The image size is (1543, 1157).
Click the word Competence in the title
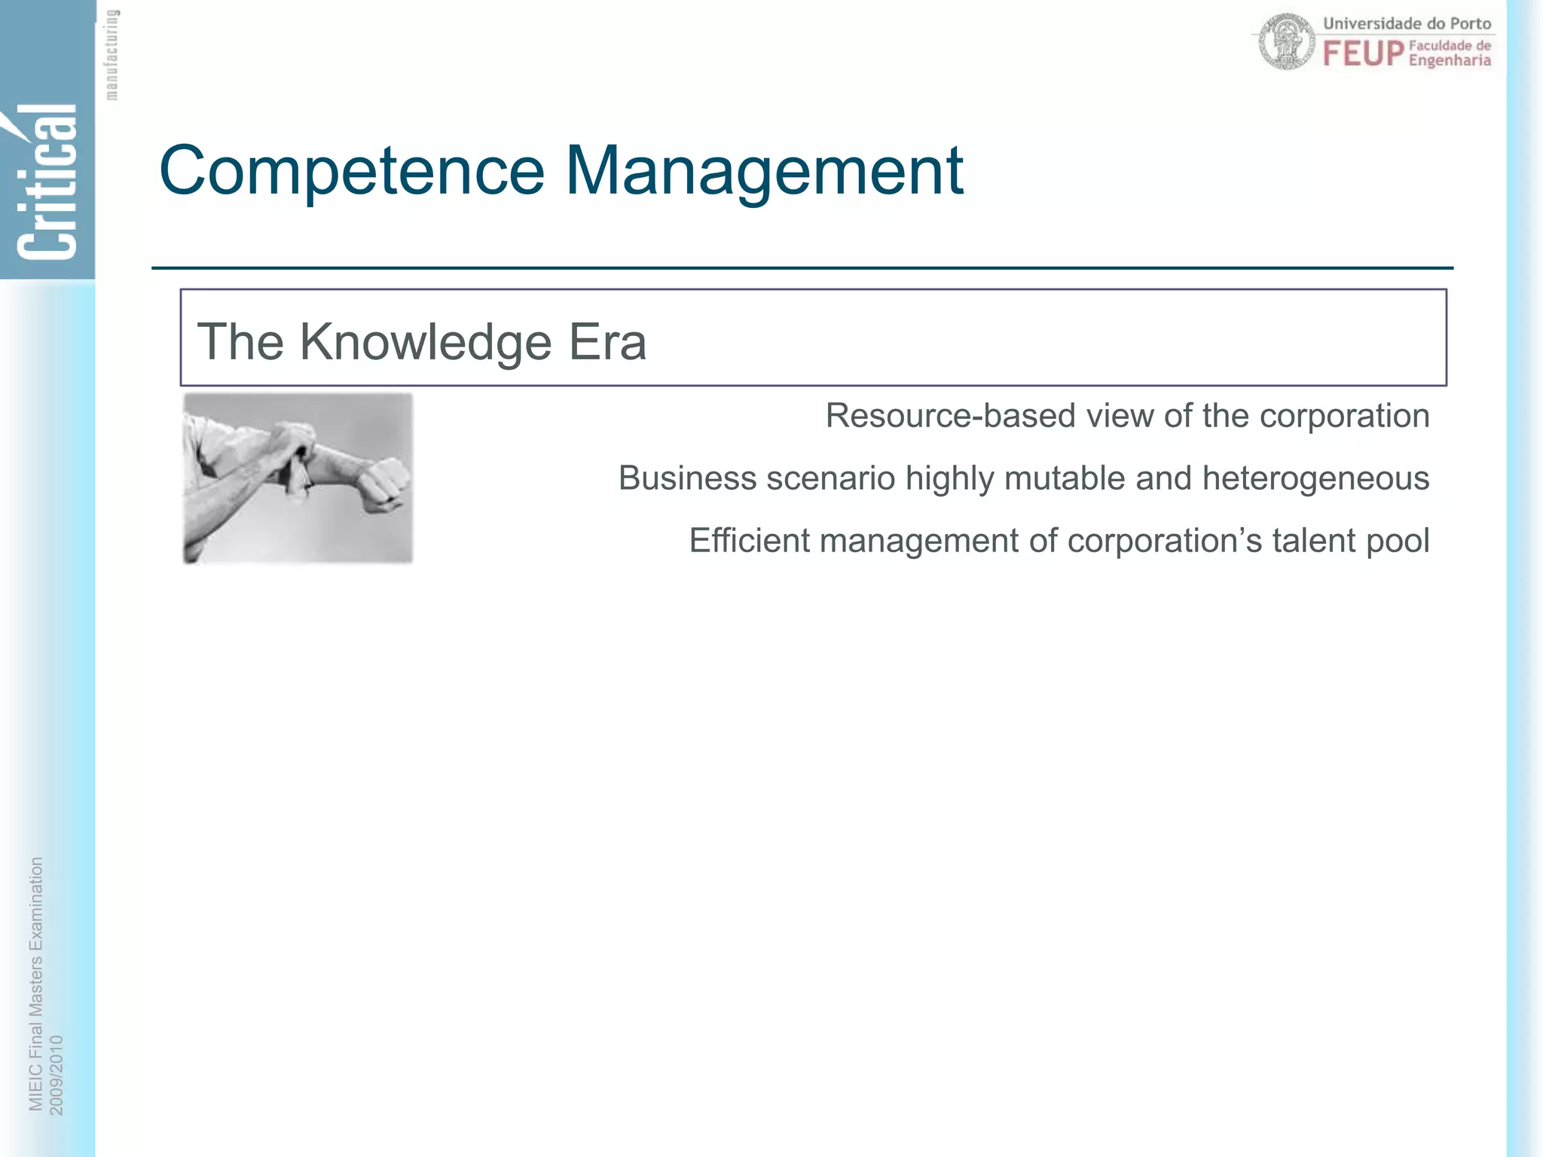pos(351,172)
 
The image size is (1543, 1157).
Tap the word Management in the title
pos(764,172)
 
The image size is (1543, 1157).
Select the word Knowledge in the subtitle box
pos(426,343)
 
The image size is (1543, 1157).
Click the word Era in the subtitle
pos(607,343)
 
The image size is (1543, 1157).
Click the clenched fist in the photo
pos(386,482)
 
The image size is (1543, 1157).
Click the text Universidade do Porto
pos(1407,23)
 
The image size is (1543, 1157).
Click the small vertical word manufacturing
pos(112,54)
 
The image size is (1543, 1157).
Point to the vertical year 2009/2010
pos(57,1075)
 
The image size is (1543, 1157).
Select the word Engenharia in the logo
pos(1450,61)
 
